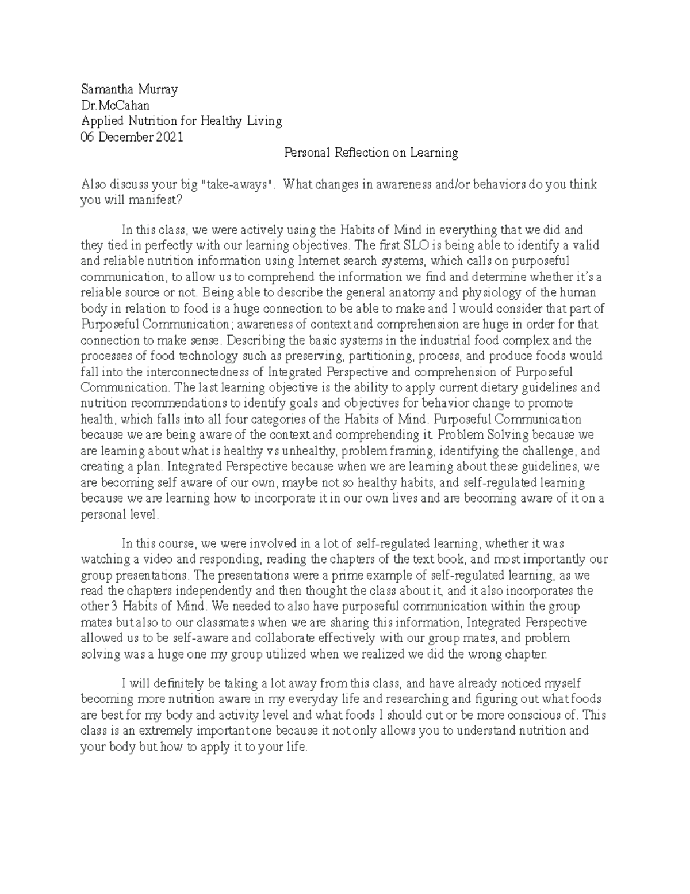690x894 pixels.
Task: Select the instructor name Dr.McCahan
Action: coord(116,105)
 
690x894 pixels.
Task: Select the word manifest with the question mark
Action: coord(153,200)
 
